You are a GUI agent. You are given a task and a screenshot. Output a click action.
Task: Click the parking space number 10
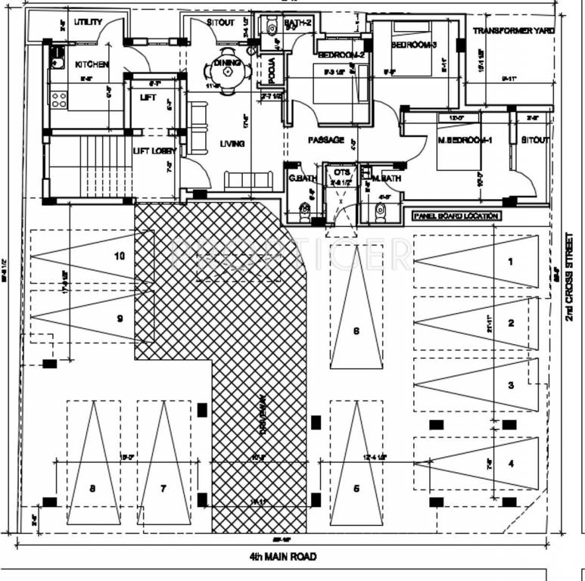(x=120, y=256)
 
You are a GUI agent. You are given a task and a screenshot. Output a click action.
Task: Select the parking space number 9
(x=120, y=318)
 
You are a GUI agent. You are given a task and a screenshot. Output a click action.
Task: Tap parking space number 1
(x=510, y=262)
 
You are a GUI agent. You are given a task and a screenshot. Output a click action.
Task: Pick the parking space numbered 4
(x=511, y=463)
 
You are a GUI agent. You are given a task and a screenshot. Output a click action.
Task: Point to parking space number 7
(x=163, y=489)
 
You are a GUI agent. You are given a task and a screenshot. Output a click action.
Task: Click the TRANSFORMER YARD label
(x=513, y=30)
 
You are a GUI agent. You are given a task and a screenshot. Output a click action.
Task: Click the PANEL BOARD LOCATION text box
(x=456, y=216)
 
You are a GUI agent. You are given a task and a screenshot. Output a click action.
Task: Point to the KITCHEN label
(x=92, y=65)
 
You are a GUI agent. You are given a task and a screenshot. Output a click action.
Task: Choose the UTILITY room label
(x=88, y=23)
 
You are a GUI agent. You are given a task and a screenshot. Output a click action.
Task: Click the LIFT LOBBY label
(x=154, y=151)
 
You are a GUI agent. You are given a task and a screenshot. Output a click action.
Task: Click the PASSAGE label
(x=326, y=140)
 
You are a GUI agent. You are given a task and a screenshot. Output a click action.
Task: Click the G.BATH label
(x=297, y=179)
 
